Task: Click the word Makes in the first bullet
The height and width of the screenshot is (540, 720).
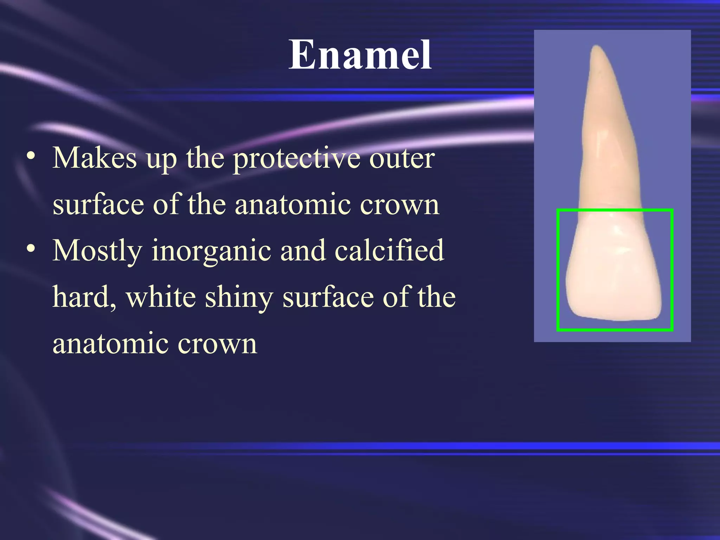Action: coord(95,158)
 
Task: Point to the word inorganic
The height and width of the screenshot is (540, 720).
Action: coord(211,251)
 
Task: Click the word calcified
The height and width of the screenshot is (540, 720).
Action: coord(389,250)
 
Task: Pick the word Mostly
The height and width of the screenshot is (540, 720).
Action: coord(97,251)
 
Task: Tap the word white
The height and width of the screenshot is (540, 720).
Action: coord(161,297)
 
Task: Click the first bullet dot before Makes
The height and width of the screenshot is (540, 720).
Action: coord(31,156)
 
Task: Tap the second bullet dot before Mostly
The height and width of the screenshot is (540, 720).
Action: coord(31,249)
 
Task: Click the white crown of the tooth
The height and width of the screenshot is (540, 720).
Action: coord(613,274)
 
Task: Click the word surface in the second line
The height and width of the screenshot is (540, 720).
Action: coord(98,205)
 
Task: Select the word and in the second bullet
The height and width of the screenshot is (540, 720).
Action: coord(303,250)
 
